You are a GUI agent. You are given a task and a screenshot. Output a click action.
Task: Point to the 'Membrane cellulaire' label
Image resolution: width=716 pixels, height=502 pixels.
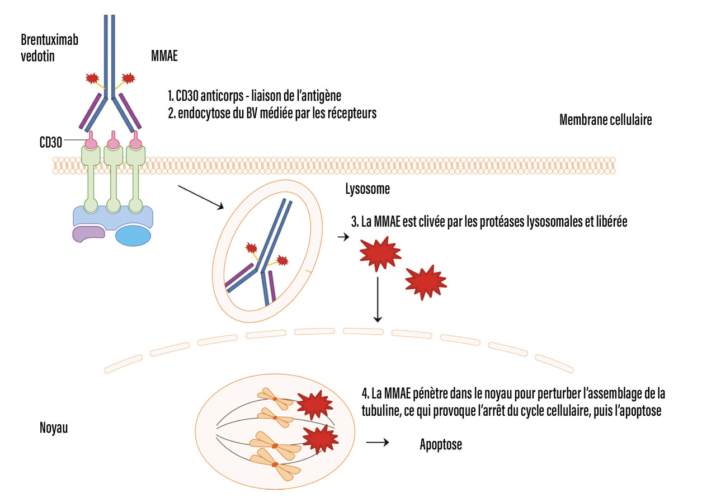pos(605,120)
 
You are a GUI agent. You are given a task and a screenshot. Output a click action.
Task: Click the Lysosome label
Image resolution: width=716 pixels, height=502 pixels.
pos(368,189)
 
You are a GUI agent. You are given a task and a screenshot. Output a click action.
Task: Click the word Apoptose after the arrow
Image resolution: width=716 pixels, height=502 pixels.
pos(441,445)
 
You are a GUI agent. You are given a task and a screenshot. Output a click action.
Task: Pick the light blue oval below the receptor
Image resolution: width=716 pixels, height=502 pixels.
pos(133,236)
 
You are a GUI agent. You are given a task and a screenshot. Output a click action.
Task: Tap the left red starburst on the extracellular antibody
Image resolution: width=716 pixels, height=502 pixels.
pos(92,78)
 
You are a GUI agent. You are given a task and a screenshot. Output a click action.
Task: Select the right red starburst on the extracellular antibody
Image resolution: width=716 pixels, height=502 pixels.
pos(129,77)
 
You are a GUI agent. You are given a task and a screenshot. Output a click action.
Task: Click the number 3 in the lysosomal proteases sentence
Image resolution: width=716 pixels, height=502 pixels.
pos(354,222)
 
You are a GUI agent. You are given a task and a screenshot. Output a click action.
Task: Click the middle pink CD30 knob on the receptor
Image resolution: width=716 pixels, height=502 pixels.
pos(114,143)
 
